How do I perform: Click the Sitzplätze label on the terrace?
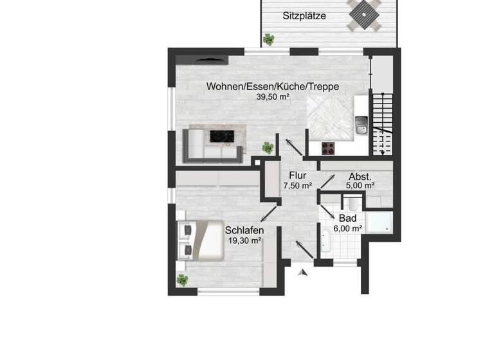pos(304,15)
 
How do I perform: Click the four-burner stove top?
pos(329,148)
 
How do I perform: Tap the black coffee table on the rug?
pos(223,136)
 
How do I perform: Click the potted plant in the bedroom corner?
pos(183,280)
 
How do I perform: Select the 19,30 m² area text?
pos(244,240)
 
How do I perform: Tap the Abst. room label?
pos(360,176)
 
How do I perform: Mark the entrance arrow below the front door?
pos(303,273)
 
